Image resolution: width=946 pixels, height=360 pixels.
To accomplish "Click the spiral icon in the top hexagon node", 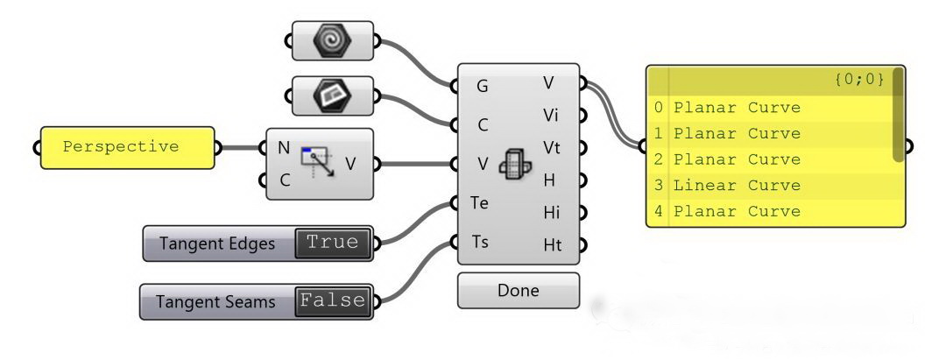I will (333, 40).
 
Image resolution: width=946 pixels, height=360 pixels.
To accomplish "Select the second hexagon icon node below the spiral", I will (333, 95).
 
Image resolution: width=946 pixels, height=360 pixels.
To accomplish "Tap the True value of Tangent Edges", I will (333, 243).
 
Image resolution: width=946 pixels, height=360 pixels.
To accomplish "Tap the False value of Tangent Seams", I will (333, 300).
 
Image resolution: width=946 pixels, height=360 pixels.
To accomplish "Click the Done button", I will (518, 290).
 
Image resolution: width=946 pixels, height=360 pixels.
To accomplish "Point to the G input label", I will (483, 86).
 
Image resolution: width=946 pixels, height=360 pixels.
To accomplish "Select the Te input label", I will (480, 202).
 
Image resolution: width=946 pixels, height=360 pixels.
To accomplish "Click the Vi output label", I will (552, 115).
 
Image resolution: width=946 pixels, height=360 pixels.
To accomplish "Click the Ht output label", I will (552, 246).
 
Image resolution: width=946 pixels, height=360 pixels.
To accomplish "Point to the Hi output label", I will (552, 212).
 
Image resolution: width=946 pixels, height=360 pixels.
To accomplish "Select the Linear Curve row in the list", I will (737, 186).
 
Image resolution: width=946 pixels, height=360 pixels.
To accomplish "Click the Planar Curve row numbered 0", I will (737, 109).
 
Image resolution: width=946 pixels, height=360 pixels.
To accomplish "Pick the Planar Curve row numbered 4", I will (737, 212).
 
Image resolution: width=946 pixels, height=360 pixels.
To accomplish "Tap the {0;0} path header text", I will (858, 80).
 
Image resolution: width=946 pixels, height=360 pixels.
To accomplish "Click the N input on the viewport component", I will (283, 147).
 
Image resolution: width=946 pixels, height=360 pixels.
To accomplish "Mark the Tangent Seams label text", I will (215, 301).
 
